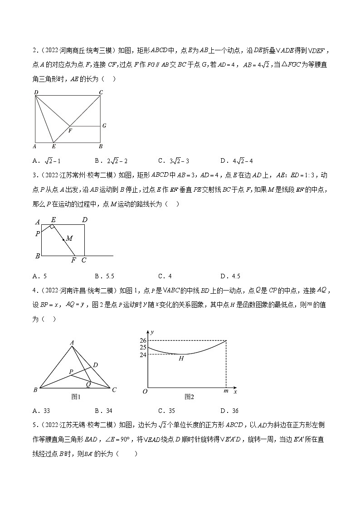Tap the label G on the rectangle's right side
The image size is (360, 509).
[104, 126]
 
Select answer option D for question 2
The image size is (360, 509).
[236, 160]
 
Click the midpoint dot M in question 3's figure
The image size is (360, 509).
[63, 239]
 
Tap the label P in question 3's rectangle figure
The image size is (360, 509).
[38, 233]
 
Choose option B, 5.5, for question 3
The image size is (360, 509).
[107, 276]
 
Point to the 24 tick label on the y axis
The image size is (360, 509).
[143, 354]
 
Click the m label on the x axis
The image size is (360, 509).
[226, 391]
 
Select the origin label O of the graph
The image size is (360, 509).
[145, 391]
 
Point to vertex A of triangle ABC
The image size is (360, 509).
[72, 343]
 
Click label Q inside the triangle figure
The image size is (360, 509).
[88, 383]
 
